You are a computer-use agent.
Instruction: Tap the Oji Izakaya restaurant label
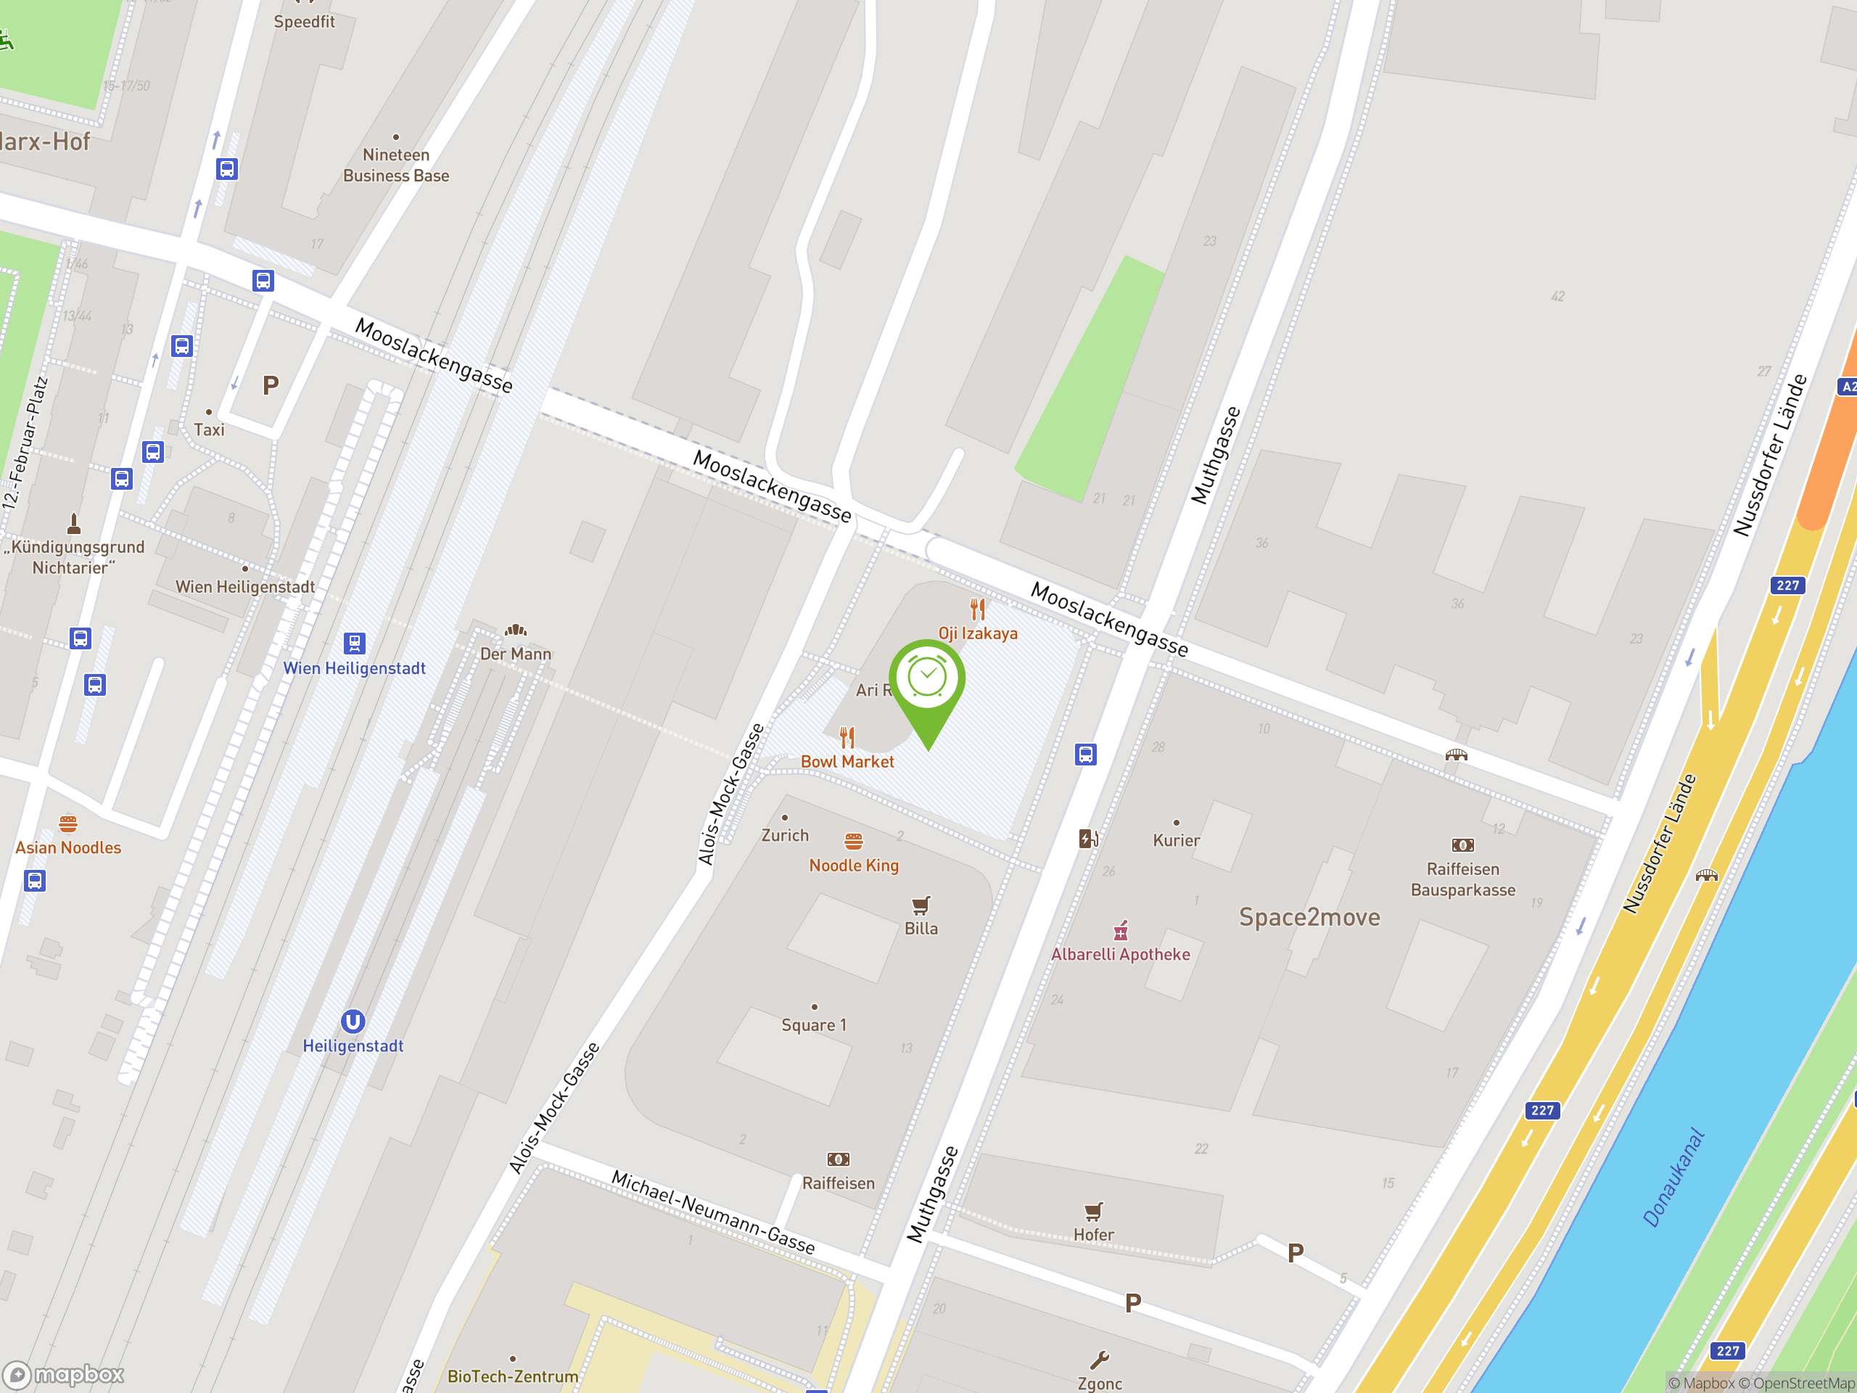[x=978, y=634]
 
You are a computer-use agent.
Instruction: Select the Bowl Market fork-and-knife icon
[x=847, y=737]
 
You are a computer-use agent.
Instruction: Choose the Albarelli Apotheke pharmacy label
[x=1120, y=955]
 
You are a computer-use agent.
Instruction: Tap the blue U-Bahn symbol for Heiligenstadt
[x=353, y=1022]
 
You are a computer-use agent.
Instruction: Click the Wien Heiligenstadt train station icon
[x=354, y=644]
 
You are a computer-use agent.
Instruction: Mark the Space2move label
[x=1309, y=918]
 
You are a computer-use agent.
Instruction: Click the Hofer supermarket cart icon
[x=1093, y=1211]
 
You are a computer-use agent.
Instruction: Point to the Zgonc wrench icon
[x=1099, y=1360]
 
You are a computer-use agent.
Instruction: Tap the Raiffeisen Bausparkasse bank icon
[x=1462, y=845]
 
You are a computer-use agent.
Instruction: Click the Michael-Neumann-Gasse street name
[x=713, y=1212]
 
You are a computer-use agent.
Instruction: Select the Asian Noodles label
[x=68, y=848]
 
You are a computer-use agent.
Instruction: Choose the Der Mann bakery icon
[x=516, y=630]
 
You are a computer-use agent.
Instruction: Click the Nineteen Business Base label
[x=396, y=165]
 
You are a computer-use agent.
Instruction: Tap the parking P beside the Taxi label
[x=271, y=385]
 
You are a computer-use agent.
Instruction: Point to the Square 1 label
[x=813, y=1025]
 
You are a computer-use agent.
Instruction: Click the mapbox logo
[x=64, y=1375]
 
